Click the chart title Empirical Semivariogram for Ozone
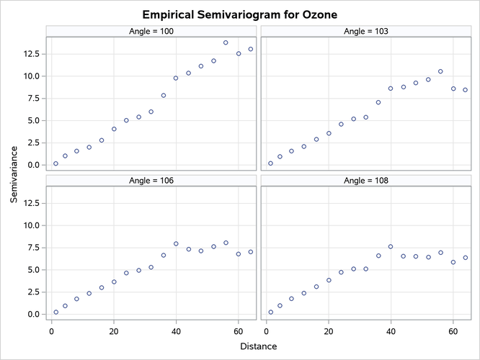pyautogui.click(x=240, y=14)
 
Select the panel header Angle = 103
pyautogui.click(x=365, y=31)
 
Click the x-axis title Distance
pyautogui.click(x=257, y=347)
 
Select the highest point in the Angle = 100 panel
pyautogui.click(x=226, y=42)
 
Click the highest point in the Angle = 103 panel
pyautogui.click(x=440, y=71)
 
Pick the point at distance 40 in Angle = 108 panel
pyautogui.click(x=391, y=246)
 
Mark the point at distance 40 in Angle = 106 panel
pyautogui.click(x=176, y=243)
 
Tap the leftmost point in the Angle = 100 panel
pyautogui.click(x=55, y=163)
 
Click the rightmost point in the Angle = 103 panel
pyautogui.click(x=466, y=90)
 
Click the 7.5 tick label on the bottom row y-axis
pyautogui.click(x=32, y=248)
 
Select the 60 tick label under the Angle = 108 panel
pyautogui.click(x=453, y=331)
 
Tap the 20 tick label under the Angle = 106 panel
pyautogui.click(x=113, y=331)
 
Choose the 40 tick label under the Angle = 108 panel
pyautogui.click(x=391, y=331)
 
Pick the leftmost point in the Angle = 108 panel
pyautogui.click(x=270, y=312)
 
